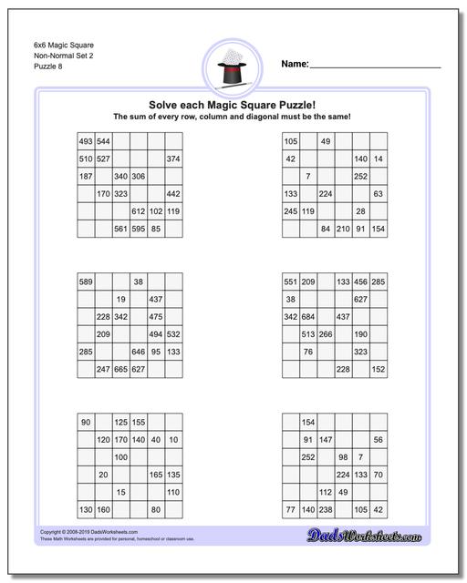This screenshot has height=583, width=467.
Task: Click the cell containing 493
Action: point(86,141)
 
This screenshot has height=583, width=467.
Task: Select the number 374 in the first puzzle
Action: point(173,159)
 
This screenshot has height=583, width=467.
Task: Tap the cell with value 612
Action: point(139,210)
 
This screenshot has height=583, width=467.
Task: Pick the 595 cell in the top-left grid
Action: point(139,228)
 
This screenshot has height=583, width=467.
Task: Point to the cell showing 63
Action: point(378,193)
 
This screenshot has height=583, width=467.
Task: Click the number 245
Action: point(291,210)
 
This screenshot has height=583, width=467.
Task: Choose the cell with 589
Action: point(86,281)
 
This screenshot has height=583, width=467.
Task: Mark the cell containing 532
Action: point(173,333)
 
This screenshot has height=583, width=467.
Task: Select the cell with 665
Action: point(120,369)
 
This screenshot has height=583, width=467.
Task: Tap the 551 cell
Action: point(291,281)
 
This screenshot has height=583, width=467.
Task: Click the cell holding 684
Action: point(308,316)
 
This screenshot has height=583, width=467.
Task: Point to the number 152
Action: point(378,369)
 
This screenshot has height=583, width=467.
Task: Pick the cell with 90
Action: point(86,422)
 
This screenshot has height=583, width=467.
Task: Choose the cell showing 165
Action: point(156,475)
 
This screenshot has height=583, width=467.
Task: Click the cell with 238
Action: point(326,509)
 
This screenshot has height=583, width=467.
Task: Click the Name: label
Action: point(294,65)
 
